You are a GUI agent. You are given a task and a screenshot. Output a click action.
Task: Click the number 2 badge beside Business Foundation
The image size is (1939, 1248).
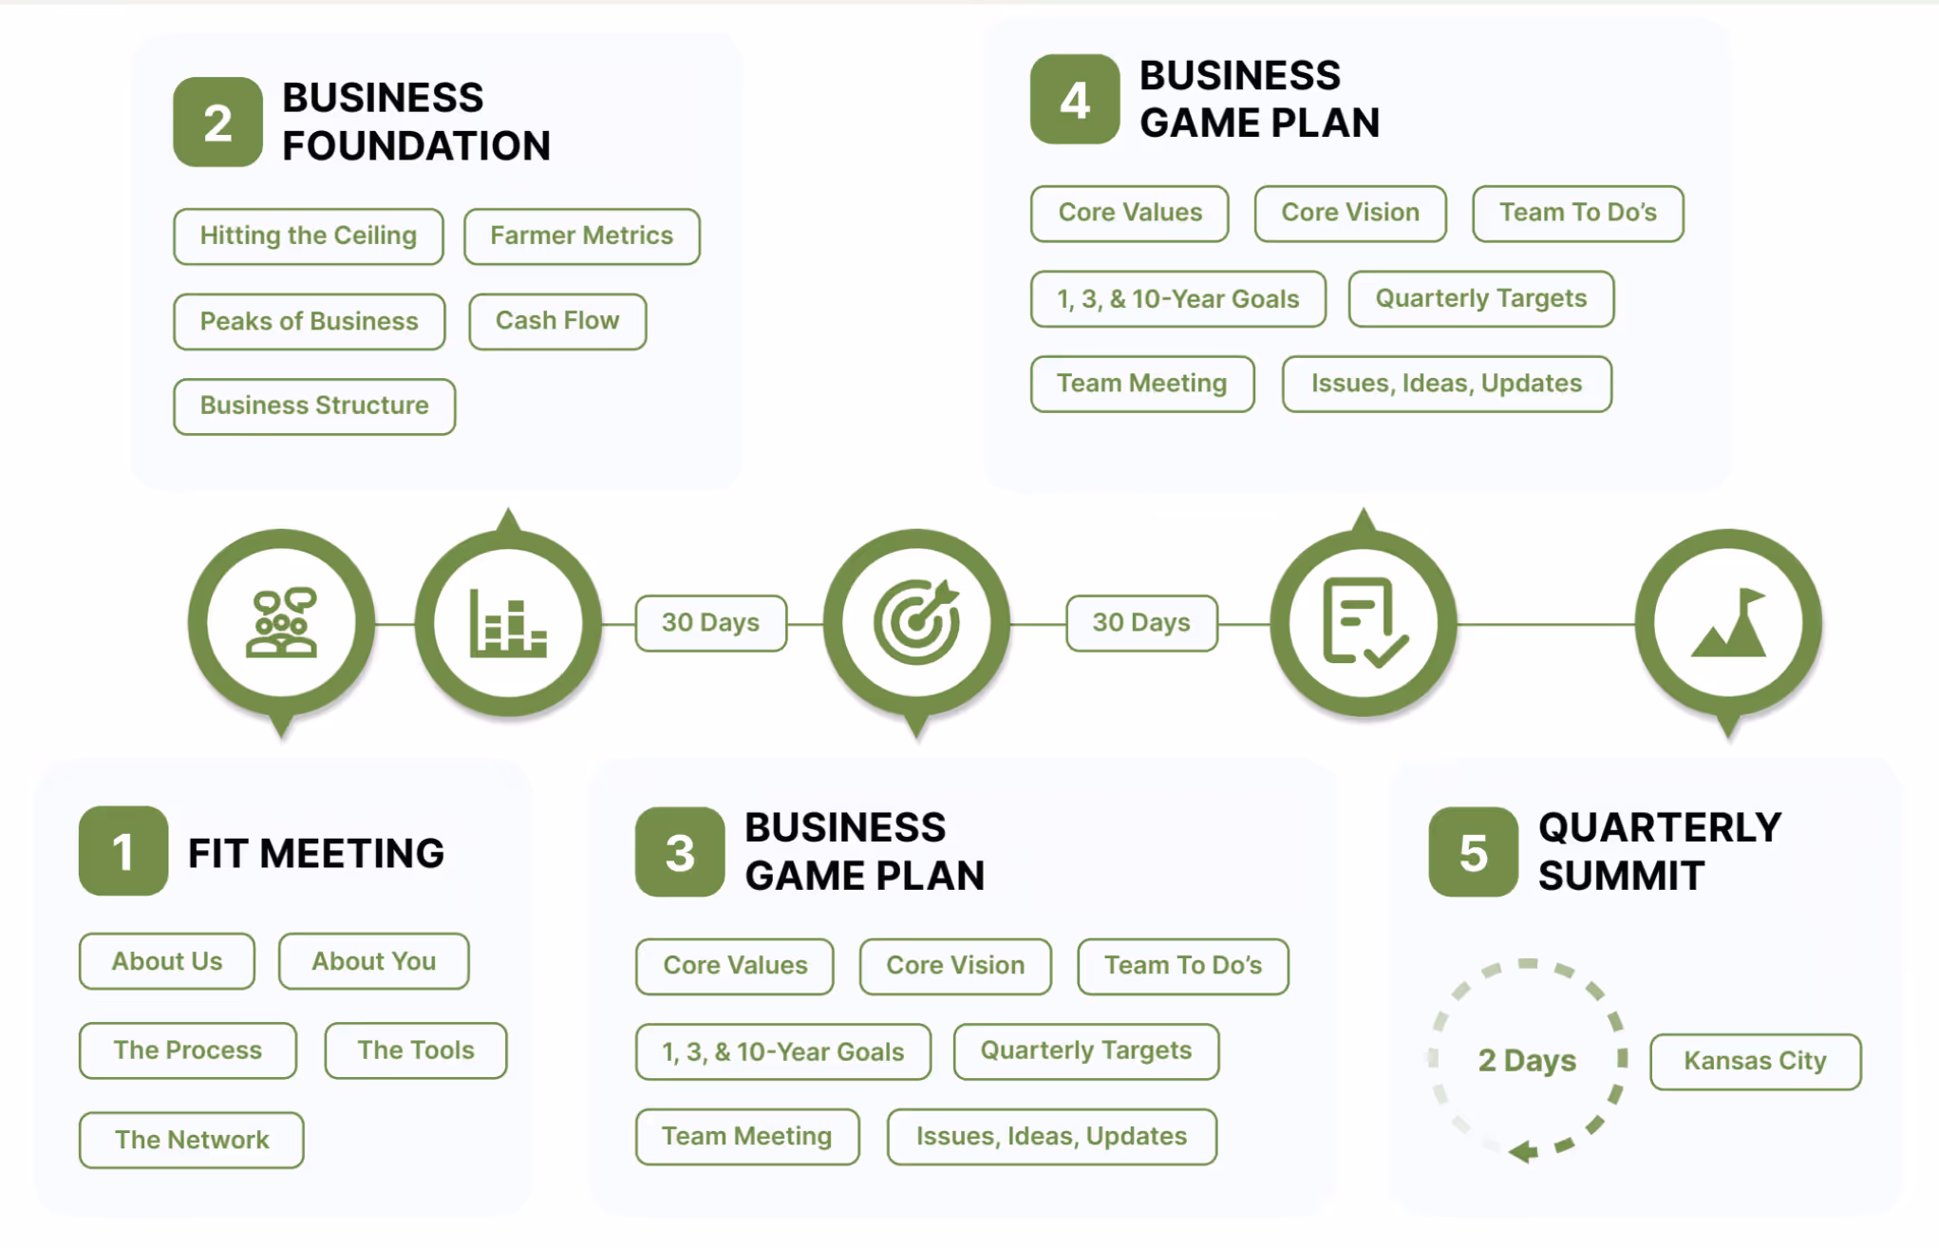click(x=217, y=123)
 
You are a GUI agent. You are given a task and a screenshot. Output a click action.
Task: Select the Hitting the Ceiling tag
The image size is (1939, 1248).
click(x=308, y=236)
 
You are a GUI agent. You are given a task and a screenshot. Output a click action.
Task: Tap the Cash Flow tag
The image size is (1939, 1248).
click(x=557, y=322)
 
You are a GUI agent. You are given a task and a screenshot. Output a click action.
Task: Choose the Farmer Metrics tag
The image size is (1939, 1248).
click(x=581, y=236)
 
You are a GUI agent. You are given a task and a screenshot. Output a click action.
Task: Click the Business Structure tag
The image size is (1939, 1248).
click(x=314, y=407)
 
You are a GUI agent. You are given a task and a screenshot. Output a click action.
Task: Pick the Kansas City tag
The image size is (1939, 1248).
click(x=1755, y=1061)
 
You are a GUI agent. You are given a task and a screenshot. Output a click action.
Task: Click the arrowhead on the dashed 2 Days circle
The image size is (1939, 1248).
click(x=1524, y=1152)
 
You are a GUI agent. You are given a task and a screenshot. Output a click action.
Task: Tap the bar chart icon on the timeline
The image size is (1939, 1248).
click(x=508, y=623)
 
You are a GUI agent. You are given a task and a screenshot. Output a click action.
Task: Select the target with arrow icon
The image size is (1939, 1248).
click(x=916, y=623)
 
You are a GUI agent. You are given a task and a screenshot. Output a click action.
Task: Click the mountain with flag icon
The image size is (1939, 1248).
click(x=1728, y=623)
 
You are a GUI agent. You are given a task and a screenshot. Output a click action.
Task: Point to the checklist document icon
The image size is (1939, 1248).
click(x=1364, y=623)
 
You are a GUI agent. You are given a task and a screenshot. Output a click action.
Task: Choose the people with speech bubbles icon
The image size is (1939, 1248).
click(x=281, y=623)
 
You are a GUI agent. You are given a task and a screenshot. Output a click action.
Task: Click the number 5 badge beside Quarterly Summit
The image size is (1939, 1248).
click(x=1473, y=852)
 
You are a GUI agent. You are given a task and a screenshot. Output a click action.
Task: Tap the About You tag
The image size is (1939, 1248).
click(x=374, y=961)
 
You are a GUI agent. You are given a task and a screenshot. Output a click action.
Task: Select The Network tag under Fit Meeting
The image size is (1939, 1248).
click(x=192, y=1140)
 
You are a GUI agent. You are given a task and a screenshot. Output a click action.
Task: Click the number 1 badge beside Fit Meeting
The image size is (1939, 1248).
click(x=123, y=851)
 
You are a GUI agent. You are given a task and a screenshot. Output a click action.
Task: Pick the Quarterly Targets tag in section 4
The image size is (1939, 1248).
click(x=1480, y=299)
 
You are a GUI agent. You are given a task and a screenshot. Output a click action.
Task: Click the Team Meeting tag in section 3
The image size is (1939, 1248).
click(x=747, y=1137)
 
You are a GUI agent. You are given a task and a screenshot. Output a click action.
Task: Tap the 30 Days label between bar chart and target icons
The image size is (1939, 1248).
click(x=710, y=623)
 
